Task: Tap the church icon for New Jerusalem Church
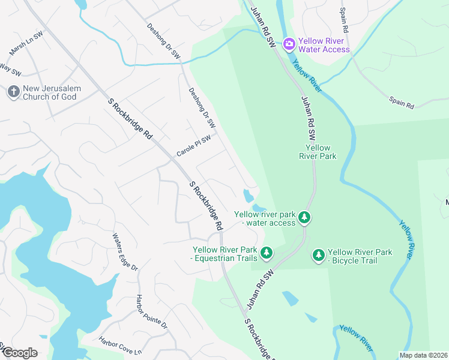(13, 92)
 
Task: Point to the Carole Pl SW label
(193, 146)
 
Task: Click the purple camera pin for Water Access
(289, 43)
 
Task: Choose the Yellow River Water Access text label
(324, 45)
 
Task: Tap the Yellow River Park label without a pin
(318, 152)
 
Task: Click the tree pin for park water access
(305, 217)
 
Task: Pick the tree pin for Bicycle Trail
(318, 256)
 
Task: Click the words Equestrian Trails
(225, 254)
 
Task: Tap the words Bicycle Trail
(360, 256)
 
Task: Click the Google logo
(20, 352)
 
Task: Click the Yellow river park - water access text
(265, 218)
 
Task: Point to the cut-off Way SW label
(10, 70)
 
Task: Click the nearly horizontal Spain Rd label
(401, 103)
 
